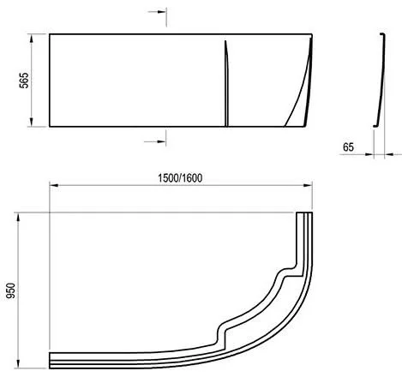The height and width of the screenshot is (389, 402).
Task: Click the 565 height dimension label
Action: point(24,81)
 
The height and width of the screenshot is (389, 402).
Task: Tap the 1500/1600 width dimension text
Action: point(180,178)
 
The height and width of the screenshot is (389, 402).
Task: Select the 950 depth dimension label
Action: point(11,290)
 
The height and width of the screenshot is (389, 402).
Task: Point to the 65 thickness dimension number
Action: point(348,147)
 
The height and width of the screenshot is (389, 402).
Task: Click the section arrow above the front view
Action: point(157,12)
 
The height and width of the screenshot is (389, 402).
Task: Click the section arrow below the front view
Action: point(155,141)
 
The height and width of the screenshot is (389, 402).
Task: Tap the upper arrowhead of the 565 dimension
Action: point(32,39)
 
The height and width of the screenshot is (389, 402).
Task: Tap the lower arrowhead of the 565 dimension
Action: point(32,122)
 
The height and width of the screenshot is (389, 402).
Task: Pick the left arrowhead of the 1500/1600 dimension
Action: point(54,185)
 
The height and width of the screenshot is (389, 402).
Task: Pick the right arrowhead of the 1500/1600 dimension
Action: point(308,185)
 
